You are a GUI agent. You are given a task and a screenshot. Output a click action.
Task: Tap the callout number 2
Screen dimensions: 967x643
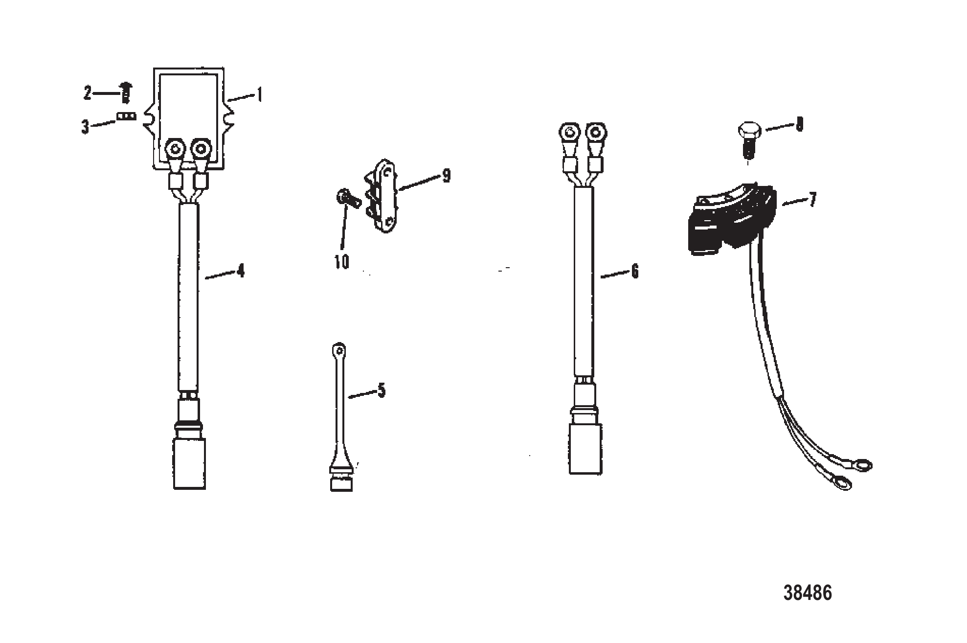(88, 92)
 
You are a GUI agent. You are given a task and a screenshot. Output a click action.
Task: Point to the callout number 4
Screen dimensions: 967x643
(240, 271)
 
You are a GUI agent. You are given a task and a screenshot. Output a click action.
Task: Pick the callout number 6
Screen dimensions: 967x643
(635, 271)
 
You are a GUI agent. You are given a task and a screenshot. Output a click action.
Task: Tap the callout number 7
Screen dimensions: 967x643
(812, 200)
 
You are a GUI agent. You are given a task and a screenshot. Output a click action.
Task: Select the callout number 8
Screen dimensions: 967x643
(800, 124)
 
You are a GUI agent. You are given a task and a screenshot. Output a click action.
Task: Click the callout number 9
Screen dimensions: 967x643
(446, 176)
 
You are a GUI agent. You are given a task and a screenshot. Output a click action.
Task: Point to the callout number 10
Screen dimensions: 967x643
(342, 262)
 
